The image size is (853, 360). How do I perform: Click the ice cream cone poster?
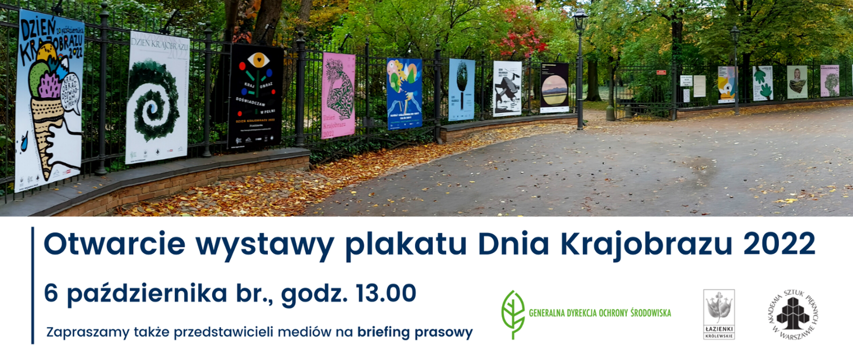coord(50,100)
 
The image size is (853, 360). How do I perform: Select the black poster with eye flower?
coord(255,96)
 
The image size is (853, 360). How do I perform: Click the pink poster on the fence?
coord(338,95)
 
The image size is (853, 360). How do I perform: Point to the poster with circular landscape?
coord(554,88)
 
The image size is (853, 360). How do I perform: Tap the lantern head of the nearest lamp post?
coord(580,20)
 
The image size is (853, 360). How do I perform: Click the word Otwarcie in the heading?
coord(115,244)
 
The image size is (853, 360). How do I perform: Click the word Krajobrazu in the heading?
coord(646,244)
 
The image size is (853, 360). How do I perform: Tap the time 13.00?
coord(386,293)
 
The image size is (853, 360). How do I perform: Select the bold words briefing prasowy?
coord(415,332)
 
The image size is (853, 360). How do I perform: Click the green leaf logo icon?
coord(513,314)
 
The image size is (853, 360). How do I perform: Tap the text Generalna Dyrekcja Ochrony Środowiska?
coord(600,313)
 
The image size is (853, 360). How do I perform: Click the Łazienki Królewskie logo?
coord(719,314)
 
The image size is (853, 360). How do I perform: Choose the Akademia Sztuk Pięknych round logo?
coord(793,314)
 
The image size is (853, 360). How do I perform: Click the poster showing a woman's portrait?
coord(797,82)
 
